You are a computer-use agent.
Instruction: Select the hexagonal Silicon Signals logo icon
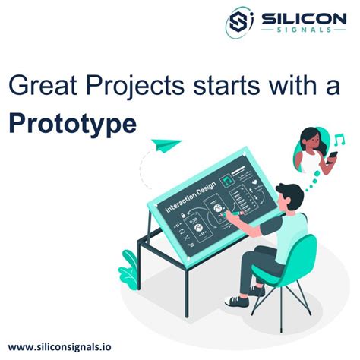click(240, 23)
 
